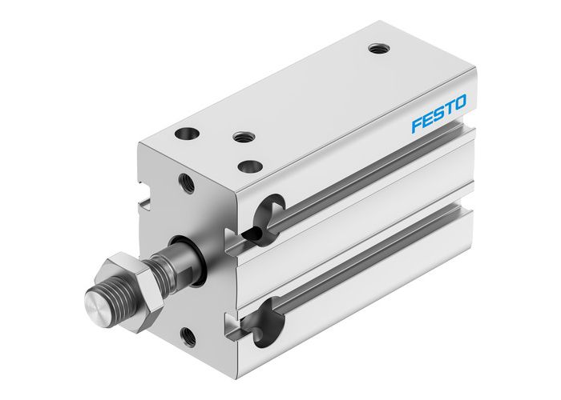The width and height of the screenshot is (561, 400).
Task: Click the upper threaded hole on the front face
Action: (187, 183)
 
